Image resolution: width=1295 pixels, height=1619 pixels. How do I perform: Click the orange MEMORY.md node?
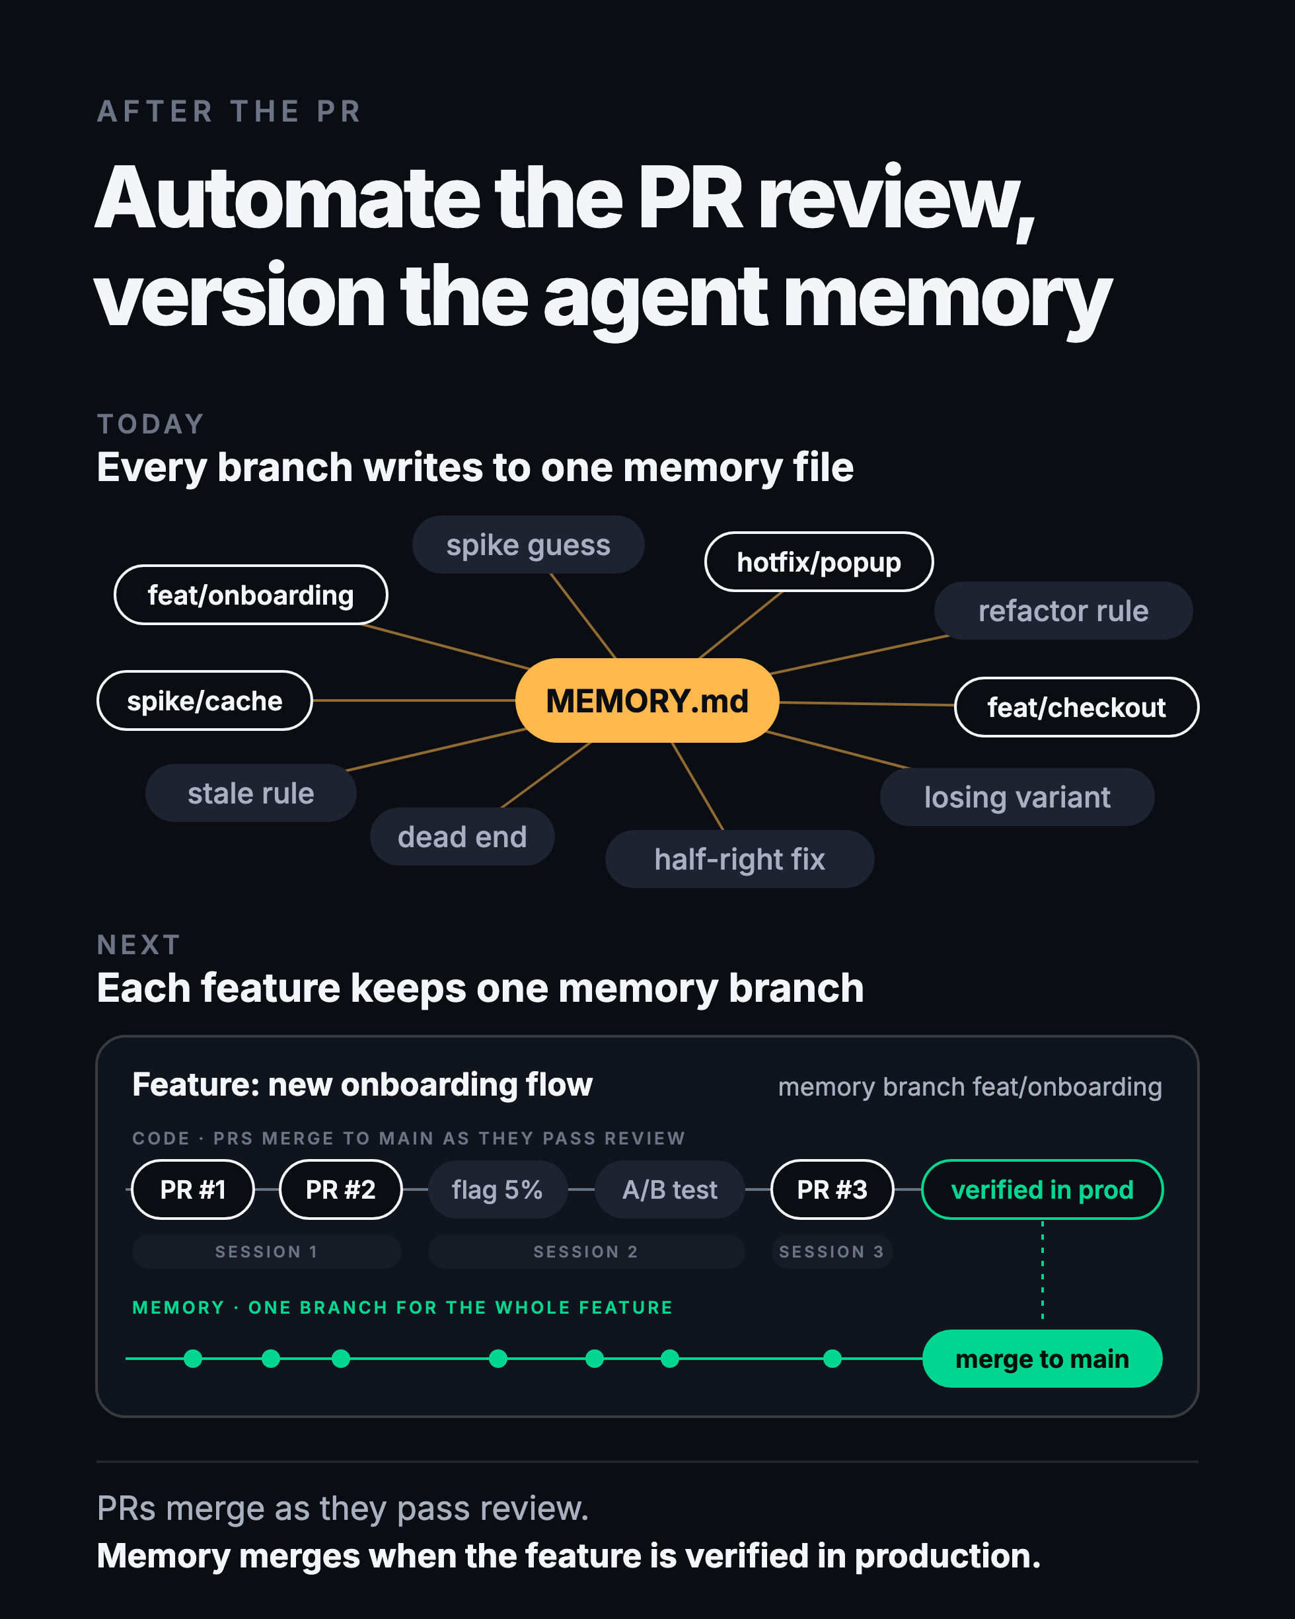tap(647, 700)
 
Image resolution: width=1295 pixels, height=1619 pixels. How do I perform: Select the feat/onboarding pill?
tap(251, 595)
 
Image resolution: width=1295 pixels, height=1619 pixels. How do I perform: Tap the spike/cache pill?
tap(205, 700)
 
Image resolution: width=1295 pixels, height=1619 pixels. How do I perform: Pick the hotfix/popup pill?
tap(819, 562)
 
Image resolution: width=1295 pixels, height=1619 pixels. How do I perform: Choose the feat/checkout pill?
tap(1076, 707)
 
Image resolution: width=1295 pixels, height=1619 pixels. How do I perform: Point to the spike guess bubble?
tap(529, 545)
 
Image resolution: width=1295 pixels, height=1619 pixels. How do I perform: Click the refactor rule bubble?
tap(1064, 611)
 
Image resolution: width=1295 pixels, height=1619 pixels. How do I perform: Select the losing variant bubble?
tap(1017, 797)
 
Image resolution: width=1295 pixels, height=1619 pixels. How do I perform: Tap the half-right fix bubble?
tap(739, 859)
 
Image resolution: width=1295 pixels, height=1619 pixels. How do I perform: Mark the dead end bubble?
tap(462, 837)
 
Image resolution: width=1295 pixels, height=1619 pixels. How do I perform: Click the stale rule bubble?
tap(251, 793)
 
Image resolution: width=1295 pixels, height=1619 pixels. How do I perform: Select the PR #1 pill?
tap(193, 1189)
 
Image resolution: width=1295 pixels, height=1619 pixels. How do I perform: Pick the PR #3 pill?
tap(832, 1189)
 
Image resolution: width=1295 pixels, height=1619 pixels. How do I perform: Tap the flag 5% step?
tap(497, 1189)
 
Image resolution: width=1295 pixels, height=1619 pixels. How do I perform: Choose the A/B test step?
tap(670, 1189)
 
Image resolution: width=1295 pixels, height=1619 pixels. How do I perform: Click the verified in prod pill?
tap(1042, 1189)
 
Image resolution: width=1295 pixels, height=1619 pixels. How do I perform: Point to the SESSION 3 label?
tap(832, 1252)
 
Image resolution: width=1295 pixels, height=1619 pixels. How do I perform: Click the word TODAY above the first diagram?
tap(151, 424)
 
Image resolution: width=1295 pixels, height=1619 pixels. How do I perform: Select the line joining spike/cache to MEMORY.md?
tap(414, 700)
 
